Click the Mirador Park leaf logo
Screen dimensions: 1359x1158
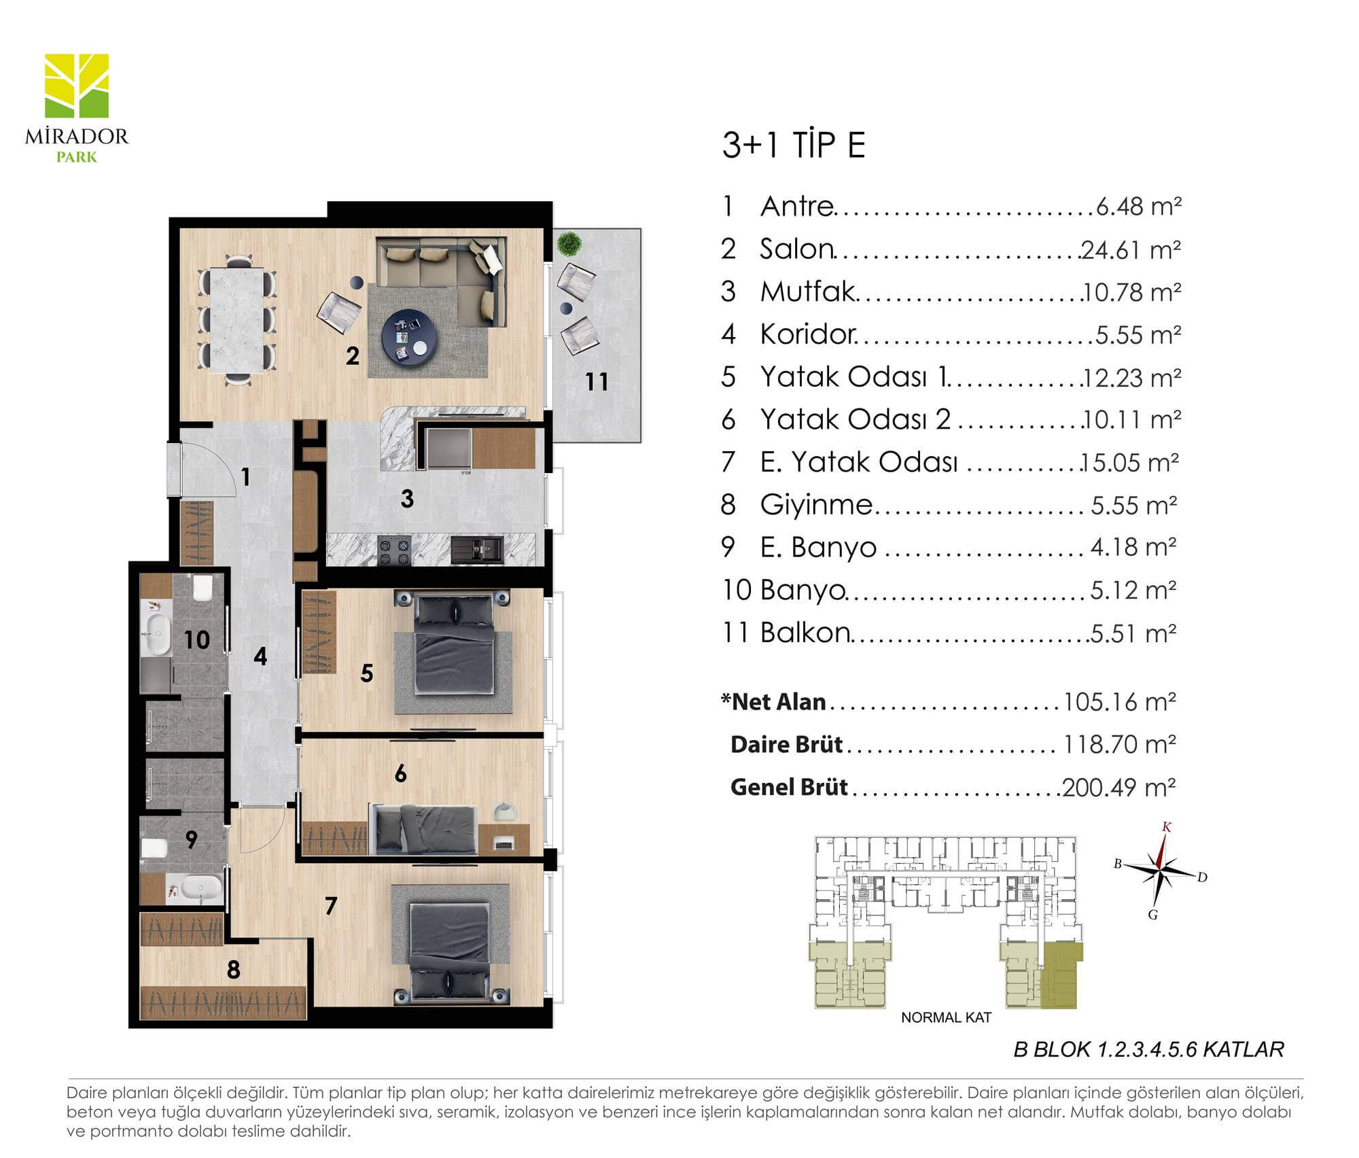[77, 86]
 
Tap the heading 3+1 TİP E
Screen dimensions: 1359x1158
[793, 145]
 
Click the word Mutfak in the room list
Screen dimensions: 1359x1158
[807, 292]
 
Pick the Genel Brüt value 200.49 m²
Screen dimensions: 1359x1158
[1119, 787]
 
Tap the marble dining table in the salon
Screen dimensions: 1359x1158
[237, 320]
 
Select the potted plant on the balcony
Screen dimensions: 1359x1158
[569, 243]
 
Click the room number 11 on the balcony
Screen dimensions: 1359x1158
[597, 382]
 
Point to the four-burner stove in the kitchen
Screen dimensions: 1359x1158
[394, 550]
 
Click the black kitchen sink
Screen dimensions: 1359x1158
[476, 550]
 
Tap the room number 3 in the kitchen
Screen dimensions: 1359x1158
[407, 499]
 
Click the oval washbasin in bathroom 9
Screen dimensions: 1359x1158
[200, 888]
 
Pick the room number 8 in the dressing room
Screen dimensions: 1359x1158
[234, 970]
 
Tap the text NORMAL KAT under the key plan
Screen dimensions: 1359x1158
[946, 1018]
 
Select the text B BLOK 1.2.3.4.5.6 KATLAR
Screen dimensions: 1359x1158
[1148, 1050]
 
